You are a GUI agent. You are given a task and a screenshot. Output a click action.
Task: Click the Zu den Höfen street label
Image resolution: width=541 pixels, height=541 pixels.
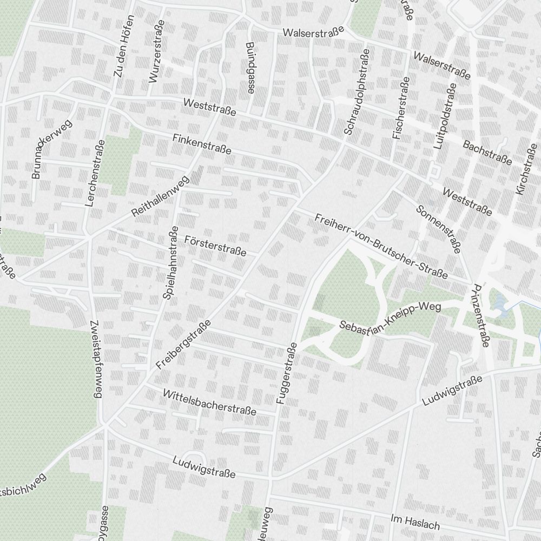pyautogui.click(x=124, y=45)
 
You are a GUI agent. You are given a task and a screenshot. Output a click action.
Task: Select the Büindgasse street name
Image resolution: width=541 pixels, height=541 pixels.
pyautogui.click(x=249, y=68)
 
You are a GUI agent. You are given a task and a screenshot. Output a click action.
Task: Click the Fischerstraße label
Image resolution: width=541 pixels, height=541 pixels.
pyautogui.click(x=401, y=109)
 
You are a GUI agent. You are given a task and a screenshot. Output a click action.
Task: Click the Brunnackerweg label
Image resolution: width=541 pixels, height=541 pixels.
pyautogui.click(x=51, y=149)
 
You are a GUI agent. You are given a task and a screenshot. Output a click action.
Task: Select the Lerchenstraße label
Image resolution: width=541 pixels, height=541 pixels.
pyautogui.click(x=95, y=174)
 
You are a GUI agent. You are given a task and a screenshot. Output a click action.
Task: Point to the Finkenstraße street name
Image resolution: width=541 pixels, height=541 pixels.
pyautogui.click(x=202, y=144)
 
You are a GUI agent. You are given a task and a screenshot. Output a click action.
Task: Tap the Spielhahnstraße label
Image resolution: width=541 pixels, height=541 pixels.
pyautogui.click(x=171, y=263)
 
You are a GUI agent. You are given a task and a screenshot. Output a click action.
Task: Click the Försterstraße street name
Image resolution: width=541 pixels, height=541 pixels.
pyautogui.click(x=215, y=246)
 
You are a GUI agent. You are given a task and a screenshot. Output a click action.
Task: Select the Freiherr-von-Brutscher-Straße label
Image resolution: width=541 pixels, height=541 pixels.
pyautogui.click(x=381, y=247)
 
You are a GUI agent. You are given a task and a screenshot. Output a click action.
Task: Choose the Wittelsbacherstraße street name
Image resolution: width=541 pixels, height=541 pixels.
pyautogui.click(x=209, y=402)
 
